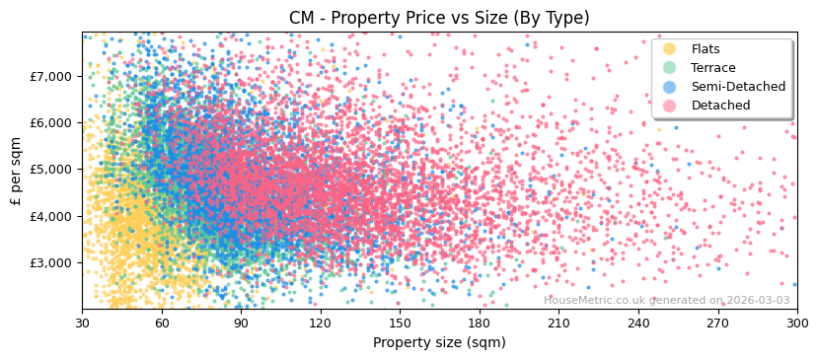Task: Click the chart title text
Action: coord(439,18)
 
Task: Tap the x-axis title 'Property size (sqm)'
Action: coord(439,342)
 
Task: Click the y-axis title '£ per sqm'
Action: coord(16,171)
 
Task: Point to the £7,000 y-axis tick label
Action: coord(51,76)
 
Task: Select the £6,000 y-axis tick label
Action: coord(51,122)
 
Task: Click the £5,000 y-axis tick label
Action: coord(51,169)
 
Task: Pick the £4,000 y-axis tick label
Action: coord(51,216)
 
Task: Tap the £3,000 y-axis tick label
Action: coord(51,262)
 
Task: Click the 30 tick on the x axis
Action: coord(82,323)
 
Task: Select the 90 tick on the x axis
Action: coord(241,323)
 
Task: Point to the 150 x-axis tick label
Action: coord(400,323)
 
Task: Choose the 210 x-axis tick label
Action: coord(558,323)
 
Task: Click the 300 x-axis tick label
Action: coord(796,323)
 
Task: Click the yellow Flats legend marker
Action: coord(670,49)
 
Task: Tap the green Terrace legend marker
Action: coord(670,68)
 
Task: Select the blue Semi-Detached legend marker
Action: coord(670,87)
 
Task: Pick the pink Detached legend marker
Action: coord(670,106)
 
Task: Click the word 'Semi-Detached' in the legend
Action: coord(738,87)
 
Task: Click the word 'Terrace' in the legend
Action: coord(713,68)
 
